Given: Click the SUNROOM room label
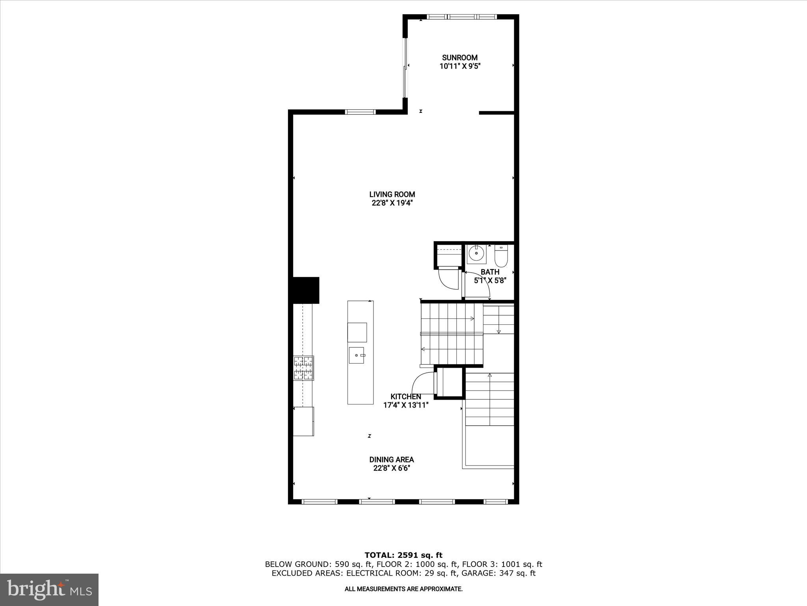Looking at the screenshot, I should click(x=459, y=58).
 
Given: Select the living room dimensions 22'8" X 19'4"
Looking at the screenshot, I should click(x=392, y=203).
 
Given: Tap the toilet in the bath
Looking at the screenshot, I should click(x=501, y=256).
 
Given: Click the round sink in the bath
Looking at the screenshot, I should click(x=476, y=253).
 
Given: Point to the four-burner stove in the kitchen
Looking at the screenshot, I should click(x=303, y=368).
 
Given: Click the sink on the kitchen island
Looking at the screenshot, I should click(x=357, y=355).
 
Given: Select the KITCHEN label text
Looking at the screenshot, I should click(x=405, y=397).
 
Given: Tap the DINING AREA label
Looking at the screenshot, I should click(x=391, y=460).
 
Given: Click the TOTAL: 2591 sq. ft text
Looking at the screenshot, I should click(x=403, y=555).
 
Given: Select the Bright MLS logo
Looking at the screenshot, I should click(x=50, y=589).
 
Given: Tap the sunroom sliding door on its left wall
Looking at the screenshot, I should click(x=405, y=67).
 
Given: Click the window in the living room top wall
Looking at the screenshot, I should click(x=360, y=112).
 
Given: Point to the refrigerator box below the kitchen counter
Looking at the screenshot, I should click(x=303, y=421).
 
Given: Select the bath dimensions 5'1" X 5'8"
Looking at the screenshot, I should click(x=490, y=281).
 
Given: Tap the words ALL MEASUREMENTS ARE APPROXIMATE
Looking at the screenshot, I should click(x=403, y=589).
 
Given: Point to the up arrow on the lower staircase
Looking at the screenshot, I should click(x=490, y=376).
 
